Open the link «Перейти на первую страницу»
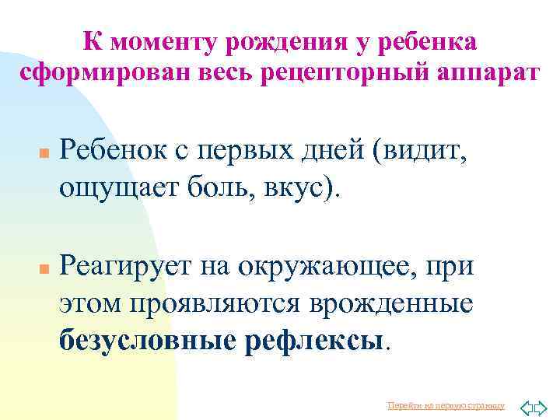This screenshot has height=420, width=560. click(x=446, y=405)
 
